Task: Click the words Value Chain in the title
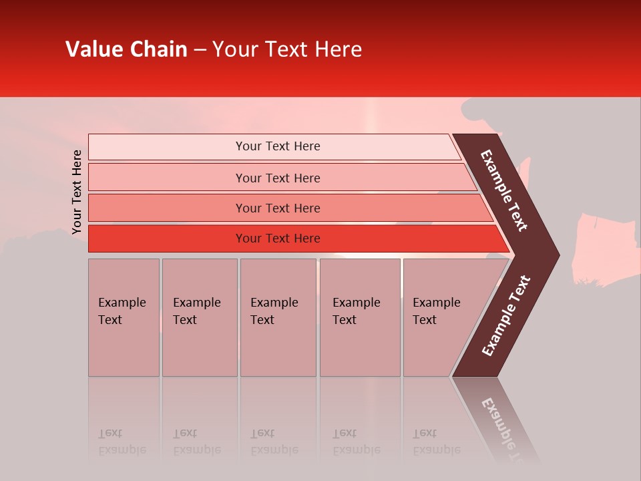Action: [126, 49]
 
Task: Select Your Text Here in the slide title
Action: [287, 49]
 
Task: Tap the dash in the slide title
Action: [200, 50]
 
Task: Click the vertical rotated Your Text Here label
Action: [77, 192]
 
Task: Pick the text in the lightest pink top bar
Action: [278, 146]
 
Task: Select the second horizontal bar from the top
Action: [278, 178]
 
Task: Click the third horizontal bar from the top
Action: [278, 208]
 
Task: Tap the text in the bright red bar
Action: [278, 238]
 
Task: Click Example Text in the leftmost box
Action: [122, 311]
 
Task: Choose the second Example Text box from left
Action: [196, 311]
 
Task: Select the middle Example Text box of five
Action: [274, 311]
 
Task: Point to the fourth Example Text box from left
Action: [356, 311]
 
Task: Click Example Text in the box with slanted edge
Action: [436, 311]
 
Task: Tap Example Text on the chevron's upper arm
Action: [504, 190]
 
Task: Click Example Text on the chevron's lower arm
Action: [505, 316]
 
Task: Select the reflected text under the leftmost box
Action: [122, 442]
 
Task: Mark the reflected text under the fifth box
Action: [436, 442]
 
